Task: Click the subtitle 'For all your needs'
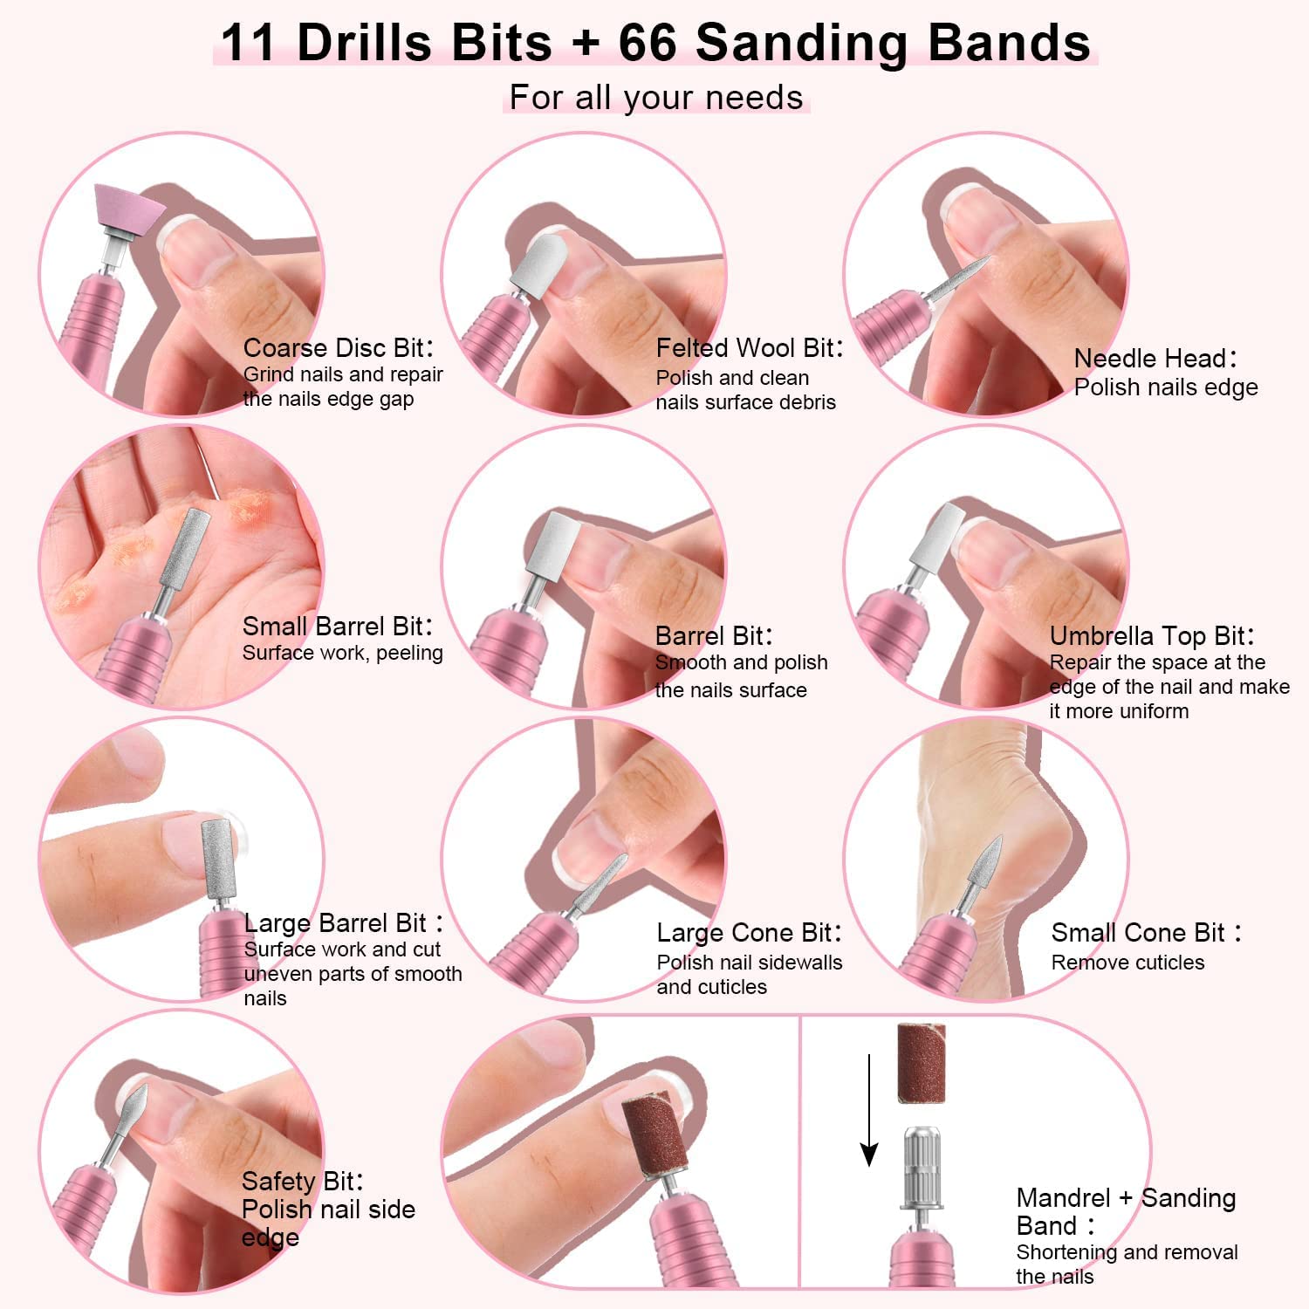point(655,97)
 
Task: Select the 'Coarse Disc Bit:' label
point(338,348)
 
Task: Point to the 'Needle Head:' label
point(1155,359)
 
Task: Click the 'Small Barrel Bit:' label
point(338,627)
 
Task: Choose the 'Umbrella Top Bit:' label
point(1152,636)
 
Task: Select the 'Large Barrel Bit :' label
point(344,923)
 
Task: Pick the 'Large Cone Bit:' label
point(749,933)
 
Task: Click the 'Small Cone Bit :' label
point(1146,933)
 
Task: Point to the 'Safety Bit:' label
point(302,1182)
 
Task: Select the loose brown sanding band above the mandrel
point(922,1062)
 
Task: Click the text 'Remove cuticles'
point(1127,963)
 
